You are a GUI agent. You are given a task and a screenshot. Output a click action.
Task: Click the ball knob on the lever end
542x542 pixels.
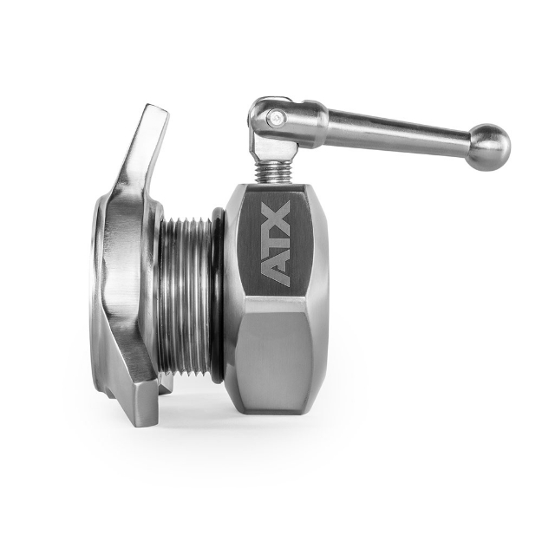pos(490,148)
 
